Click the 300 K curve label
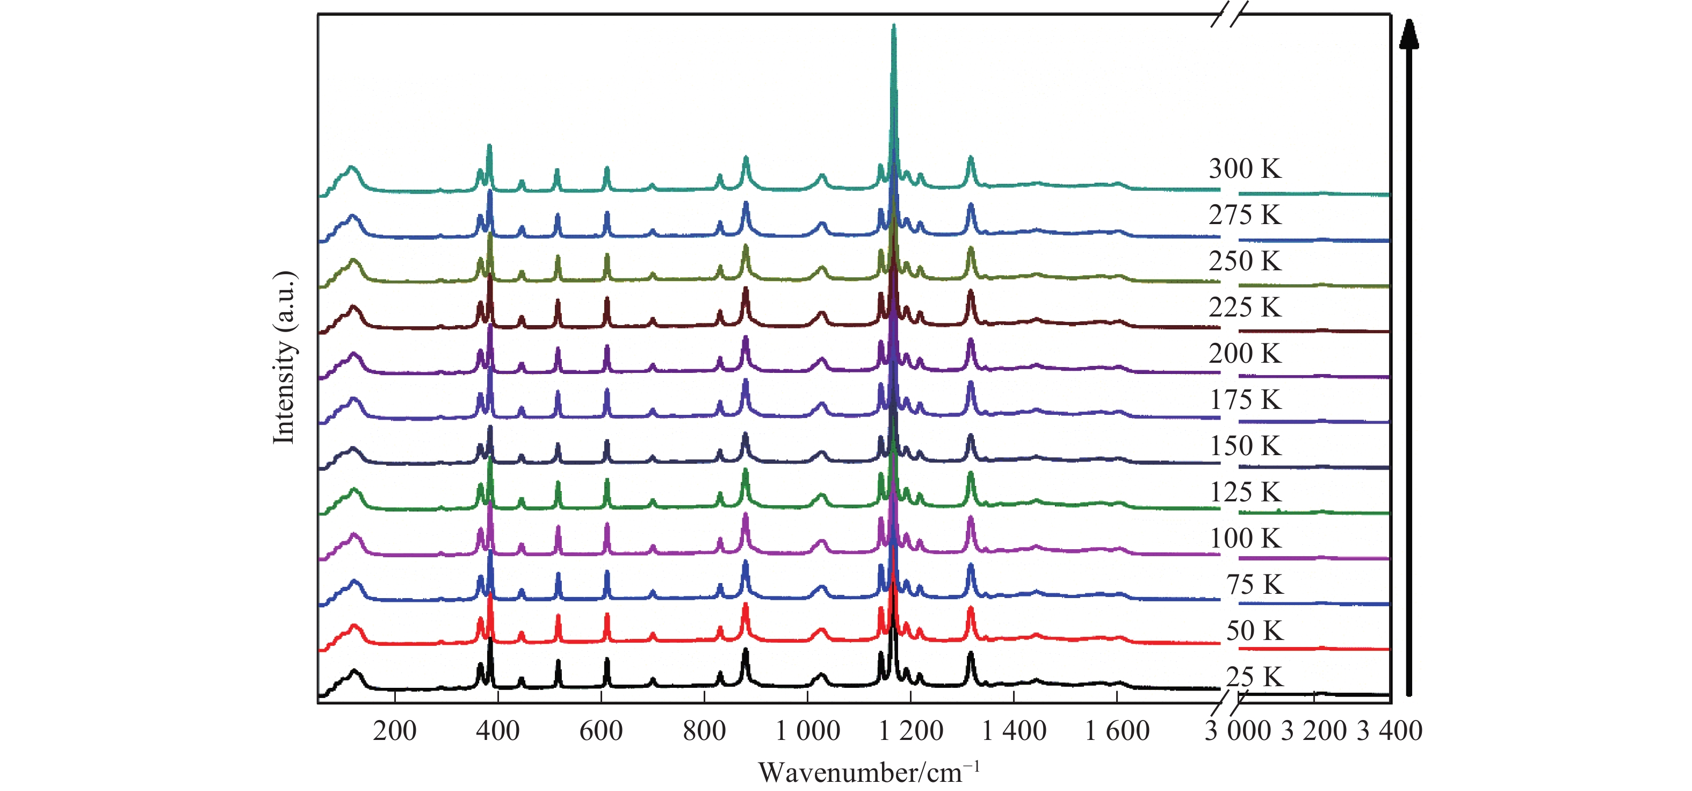1245,169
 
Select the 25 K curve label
1254,677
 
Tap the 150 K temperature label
1245,446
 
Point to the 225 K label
1245,307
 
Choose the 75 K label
1254,584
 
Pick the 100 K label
1245,538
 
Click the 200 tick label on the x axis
394,731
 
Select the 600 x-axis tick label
601,731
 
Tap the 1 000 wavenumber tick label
807,731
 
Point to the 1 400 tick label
1014,731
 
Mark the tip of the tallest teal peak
893,26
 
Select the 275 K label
1245,215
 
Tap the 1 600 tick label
1117,731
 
